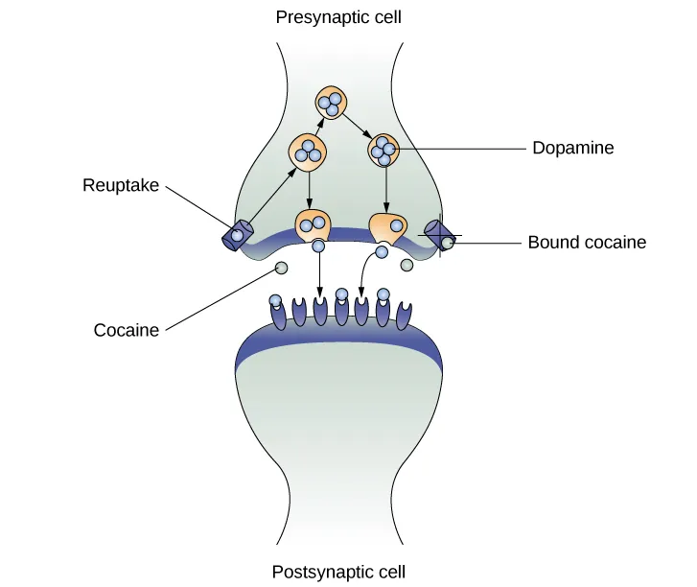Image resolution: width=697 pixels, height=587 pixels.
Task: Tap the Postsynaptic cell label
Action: tap(338, 573)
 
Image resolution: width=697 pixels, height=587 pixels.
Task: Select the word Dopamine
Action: tap(572, 149)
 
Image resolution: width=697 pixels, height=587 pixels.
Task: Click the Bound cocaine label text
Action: tap(587, 243)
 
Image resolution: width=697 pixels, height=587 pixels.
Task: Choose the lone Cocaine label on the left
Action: tap(126, 331)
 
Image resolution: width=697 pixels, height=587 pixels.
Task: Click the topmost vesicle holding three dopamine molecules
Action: tap(332, 102)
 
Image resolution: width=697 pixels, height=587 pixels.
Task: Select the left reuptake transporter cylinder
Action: tap(238, 234)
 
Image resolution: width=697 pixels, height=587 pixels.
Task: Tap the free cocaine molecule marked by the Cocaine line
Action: tap(282, 270)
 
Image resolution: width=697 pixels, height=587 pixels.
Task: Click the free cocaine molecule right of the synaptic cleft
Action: tap(407, 264)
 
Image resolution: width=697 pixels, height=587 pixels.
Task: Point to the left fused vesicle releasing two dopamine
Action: tap(313, 225)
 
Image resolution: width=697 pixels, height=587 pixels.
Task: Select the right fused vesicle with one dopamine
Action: tap(387, 228)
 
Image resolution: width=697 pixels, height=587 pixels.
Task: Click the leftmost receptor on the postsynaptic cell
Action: tap(278, 314)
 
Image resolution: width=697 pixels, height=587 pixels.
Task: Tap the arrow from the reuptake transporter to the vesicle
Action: tap(272, 195)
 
